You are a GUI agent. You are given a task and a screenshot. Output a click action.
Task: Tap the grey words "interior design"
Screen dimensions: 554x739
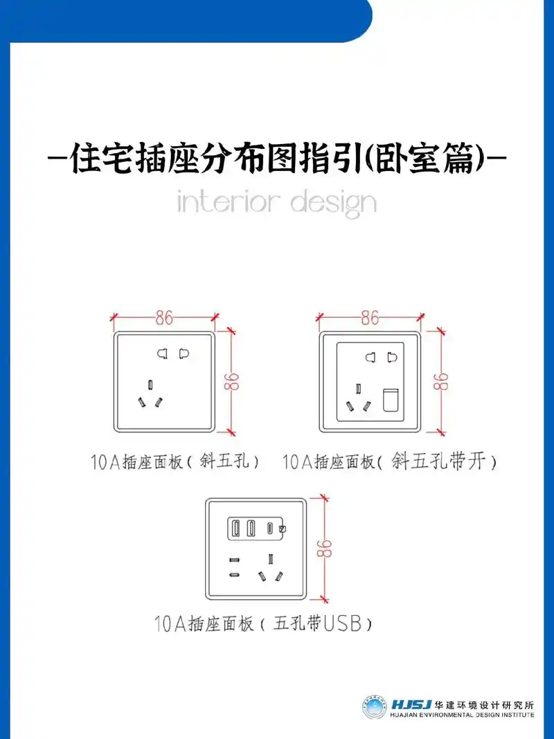276,203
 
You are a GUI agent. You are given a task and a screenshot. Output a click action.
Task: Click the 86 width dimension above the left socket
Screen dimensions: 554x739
164,318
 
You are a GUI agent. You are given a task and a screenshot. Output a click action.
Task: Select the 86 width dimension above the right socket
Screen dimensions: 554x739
370,318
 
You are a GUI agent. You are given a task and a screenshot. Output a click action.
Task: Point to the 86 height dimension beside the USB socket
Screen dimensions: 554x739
323,549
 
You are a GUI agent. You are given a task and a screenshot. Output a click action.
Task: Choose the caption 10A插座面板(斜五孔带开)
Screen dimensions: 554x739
389,461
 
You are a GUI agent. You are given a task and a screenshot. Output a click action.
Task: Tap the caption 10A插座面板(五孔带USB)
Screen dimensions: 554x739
263,624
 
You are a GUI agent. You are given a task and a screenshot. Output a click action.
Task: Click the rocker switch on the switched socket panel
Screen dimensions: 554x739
391,400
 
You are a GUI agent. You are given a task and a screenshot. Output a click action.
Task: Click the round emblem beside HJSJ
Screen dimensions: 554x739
375,706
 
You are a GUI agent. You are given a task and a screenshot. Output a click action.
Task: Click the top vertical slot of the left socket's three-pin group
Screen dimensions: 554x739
150,384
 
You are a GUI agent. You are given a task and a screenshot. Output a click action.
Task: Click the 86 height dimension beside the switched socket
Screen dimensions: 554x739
438,382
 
